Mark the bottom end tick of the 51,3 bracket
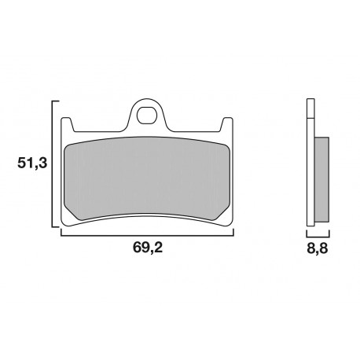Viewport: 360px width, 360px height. tap(57, 228)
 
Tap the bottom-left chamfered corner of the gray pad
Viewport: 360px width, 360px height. tap(78, 216)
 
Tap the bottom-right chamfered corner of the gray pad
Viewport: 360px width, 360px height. tap(218, 216)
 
